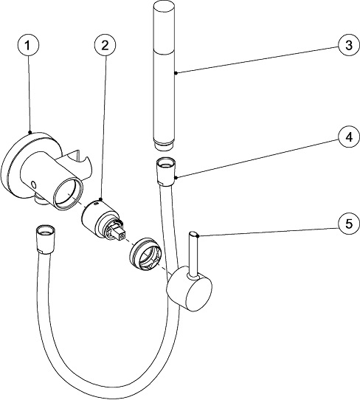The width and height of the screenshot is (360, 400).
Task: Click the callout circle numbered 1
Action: pyautogui.click(x=28, y=46)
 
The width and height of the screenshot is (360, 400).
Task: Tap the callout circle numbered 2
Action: pyautogui.click(x=105, y=46)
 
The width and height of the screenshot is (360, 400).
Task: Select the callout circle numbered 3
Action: pyautogui.click(x=349, y=46)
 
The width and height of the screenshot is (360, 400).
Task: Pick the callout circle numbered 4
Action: pyautogui.click(x=349, y=137)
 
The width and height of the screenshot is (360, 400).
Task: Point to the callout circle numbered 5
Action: pyautogui.click(x=349, y=224)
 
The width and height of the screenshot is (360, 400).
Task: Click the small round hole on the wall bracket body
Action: pyautogui.click(x=33, y=184)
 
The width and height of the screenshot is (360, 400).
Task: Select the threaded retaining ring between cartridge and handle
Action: pyautogui.click(x=145, y=254)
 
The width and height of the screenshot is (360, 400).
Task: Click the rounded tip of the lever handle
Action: pyautogui.click(x=193, y=234)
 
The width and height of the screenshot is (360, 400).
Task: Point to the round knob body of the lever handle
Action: pyautogui.click(x=190, y=289)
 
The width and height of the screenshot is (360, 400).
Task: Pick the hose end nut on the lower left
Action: pyautogui.click(x=46, y=239)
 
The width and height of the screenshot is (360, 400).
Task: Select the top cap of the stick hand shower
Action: pyautogui.click(x=163, y=6)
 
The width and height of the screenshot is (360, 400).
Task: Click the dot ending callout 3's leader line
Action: pyautogui.click(x=176, y=73)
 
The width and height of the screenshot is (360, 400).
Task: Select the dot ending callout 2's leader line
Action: pyautogui.click(x=100, y=199)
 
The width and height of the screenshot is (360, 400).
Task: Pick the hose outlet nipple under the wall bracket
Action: pyautogui.click(x=41, y=200)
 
